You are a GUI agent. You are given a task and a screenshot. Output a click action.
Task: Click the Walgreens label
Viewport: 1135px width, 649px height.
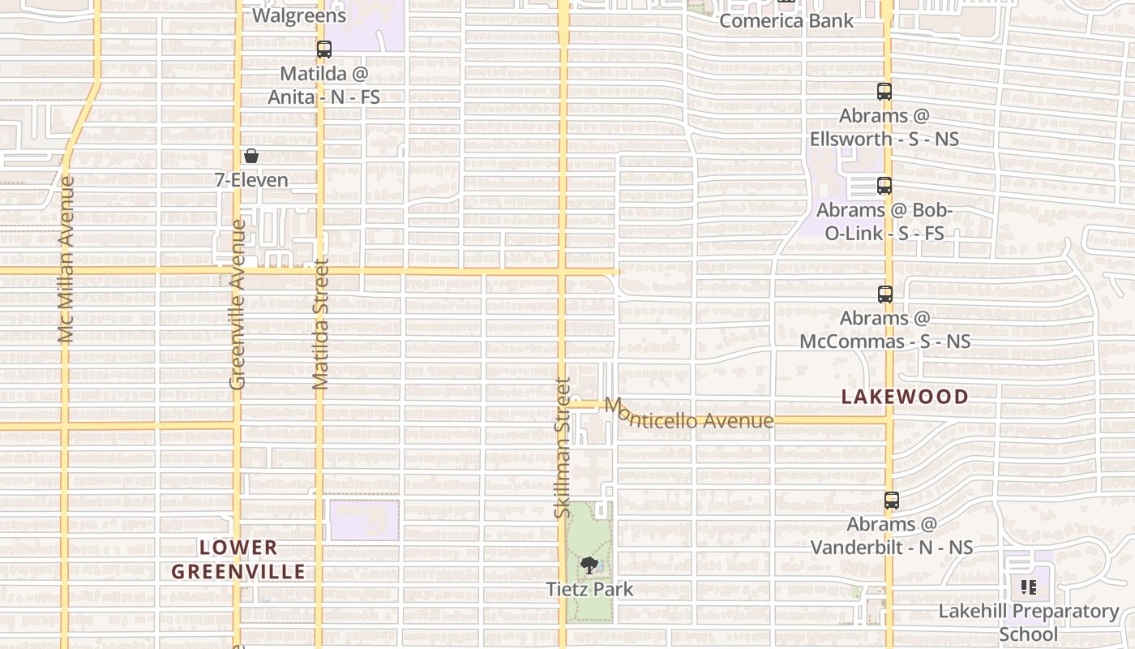pyautogui.click(x=299, y=15)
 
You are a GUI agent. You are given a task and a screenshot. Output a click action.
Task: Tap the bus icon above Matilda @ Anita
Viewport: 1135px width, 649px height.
pyautogui.click(x=324, y=49)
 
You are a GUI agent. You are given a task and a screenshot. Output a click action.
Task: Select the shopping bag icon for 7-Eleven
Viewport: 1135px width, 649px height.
pyautogui.click(x=251, y=156)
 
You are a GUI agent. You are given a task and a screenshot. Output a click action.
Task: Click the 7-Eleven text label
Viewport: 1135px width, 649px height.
pyautogui.click(x=251, y=179)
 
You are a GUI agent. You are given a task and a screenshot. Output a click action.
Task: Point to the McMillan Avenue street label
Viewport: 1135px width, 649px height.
pyautogui.click(x=66, y=260)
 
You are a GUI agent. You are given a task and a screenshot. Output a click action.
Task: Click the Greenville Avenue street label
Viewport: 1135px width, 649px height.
pyautogui.click(x=237, y=304)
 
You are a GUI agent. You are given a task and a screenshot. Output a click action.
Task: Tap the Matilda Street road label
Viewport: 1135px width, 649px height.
pyautogui.click(x=320, y=324)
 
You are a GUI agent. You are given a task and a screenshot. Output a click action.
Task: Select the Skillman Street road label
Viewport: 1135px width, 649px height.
pyautogui.click(x=563, y=448)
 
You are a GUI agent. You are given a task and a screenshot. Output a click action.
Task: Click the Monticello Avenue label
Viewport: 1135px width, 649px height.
pyautogui.click(x=689, y=414)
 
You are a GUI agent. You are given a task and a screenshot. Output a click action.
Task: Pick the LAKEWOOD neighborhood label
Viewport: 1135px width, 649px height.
pyautogui.click(x=905, y=397)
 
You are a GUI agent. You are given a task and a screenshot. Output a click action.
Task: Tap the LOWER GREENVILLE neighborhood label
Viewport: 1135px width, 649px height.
pyautogui.click(x=238, y=560)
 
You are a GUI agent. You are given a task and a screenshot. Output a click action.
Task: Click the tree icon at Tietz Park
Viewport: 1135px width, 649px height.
pyautogui.click(x=589, y=565)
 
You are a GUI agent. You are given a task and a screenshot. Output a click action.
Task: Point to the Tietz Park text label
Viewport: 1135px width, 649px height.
pyautogui.click(x=589, y=589)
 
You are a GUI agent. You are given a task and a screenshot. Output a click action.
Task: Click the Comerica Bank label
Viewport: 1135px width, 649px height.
pyautogui.click(x=786, y=20)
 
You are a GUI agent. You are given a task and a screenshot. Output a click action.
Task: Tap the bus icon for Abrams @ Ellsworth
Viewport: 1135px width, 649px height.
pyautogui.click(x=884, y=92)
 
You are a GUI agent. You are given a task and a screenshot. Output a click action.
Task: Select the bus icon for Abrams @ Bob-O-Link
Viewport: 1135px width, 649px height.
pyautogui.click(x=884, y=186)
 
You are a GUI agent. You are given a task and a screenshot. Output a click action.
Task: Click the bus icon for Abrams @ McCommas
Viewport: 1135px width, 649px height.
pyautogui.click(x=885, y=294)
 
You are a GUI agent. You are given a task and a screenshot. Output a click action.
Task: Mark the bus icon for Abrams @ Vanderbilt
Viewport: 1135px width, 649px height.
pyautogui.click(x=892, y=501)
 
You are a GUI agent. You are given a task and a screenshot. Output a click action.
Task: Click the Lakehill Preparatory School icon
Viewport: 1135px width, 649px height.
pyautogui.click(x=1029, y=587)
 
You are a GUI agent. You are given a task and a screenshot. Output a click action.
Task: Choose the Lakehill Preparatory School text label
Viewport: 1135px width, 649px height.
pyautogui.click(x=1029, y=621)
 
